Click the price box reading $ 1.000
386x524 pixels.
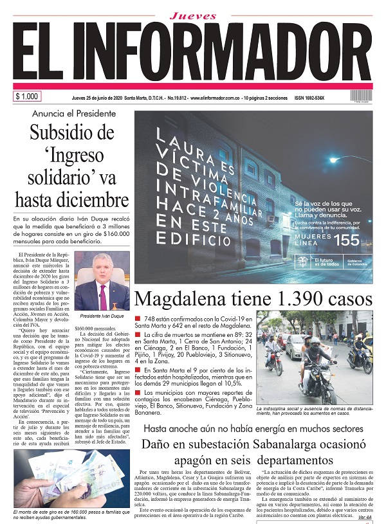click(x=27, y=96)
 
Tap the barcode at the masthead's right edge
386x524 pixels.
click(x=360, y=96)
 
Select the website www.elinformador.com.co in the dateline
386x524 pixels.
click(x=222, y=98)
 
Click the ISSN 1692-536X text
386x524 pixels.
click(x=309, y=98)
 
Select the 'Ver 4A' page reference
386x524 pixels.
click(x=364, y=517)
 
